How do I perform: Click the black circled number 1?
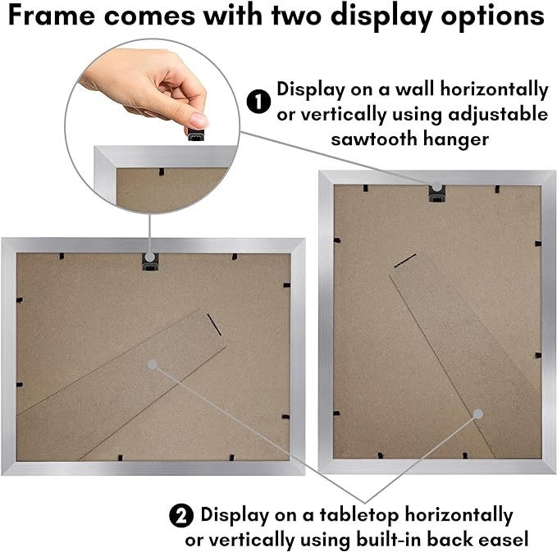click(258, 102)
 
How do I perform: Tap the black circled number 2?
click(181, 515)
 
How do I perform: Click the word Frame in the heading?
click(52, 16)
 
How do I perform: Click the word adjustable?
click(498, 115)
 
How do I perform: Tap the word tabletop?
click(358, 516)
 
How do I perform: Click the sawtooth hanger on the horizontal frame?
click(150, 262)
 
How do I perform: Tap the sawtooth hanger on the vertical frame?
click(437, 194)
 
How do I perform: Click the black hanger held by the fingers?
click(196, 135)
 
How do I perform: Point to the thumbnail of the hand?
click(199, 120)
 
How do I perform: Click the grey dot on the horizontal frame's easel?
click(152, 364)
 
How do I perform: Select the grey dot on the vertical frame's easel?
click(478, 414)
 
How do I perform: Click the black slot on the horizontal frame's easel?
click(214, 324)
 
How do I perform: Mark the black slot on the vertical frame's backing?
click(405, 261)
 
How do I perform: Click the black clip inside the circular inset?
click(162, 172)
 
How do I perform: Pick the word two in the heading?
click(297, 16)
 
